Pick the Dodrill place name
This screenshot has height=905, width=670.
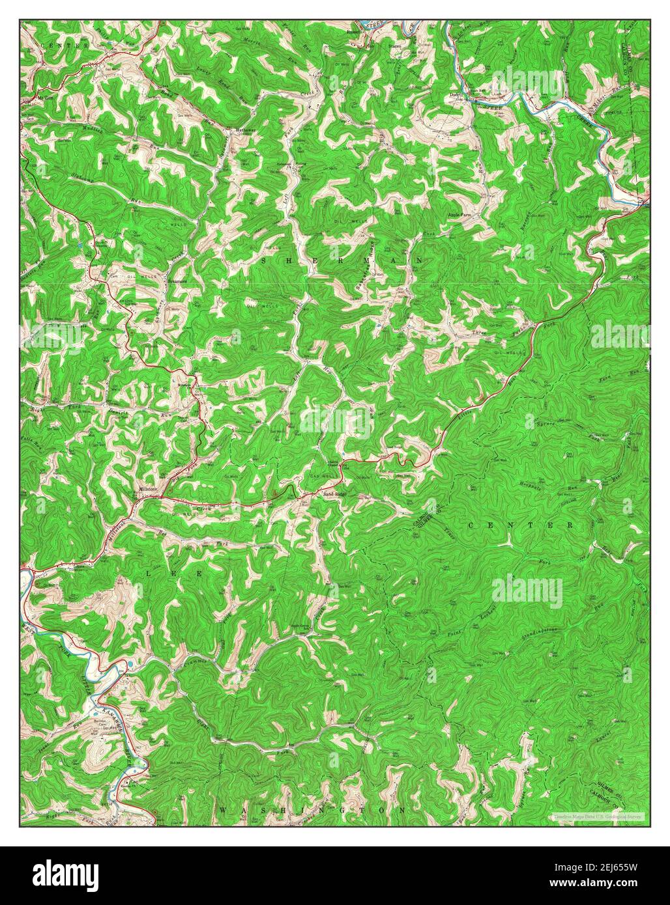point(456,95)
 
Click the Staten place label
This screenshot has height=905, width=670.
point(394,47)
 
